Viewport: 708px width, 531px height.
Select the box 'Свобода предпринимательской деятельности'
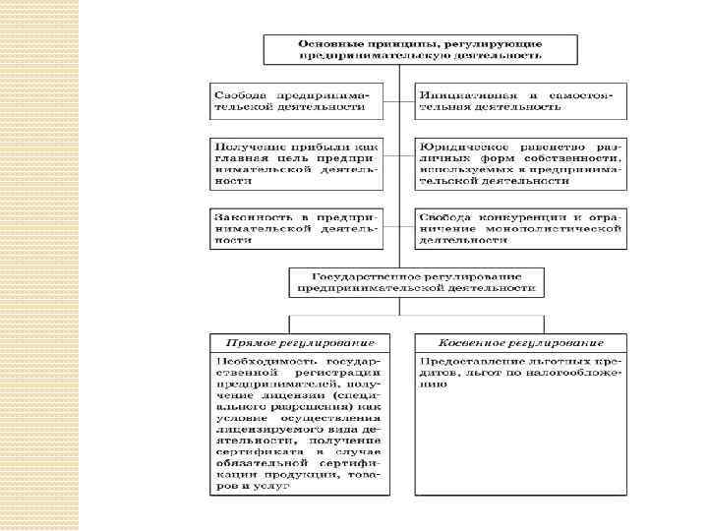(296, 98)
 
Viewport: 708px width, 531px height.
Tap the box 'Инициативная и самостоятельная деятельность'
(520, 98)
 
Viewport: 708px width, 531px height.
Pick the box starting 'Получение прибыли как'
(296, 162)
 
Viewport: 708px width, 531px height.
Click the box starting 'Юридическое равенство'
(520, 162)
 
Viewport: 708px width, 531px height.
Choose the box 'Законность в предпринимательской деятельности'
(296, 227)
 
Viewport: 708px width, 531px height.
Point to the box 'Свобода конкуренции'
(520, 227)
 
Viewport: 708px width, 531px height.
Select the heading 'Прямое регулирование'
(300, 342)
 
